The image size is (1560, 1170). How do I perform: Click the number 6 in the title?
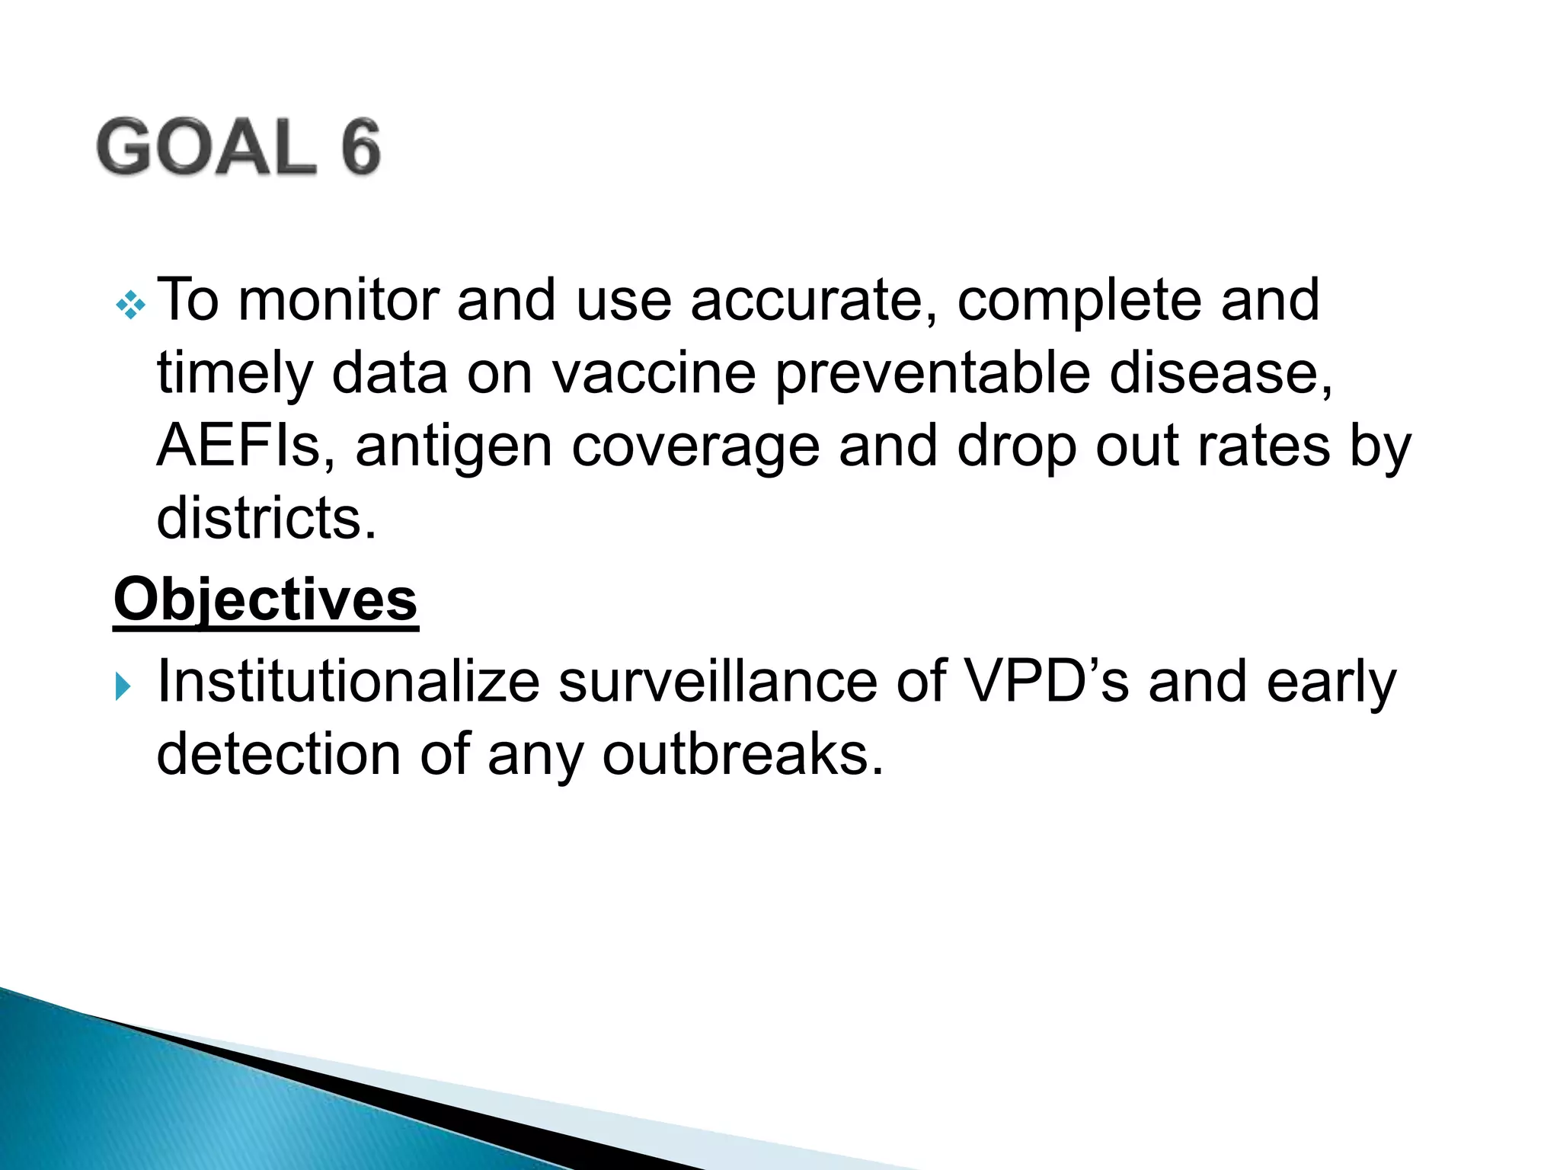[x=360, y=147]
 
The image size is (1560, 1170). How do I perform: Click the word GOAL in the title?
[x=206, y=147]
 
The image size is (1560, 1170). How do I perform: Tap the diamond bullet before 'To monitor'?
[x=130, y=305]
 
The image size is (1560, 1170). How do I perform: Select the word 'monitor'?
[x=338, y=300]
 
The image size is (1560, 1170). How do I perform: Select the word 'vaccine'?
[x=654, y=373]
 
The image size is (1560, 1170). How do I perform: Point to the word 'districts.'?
[x=267, y=519]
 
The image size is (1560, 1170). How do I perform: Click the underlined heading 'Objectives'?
[x=265, y=600]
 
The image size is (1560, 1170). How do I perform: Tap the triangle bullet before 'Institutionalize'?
[x=123, y=686]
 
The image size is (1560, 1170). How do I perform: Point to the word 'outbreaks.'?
[x=743, y=754]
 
